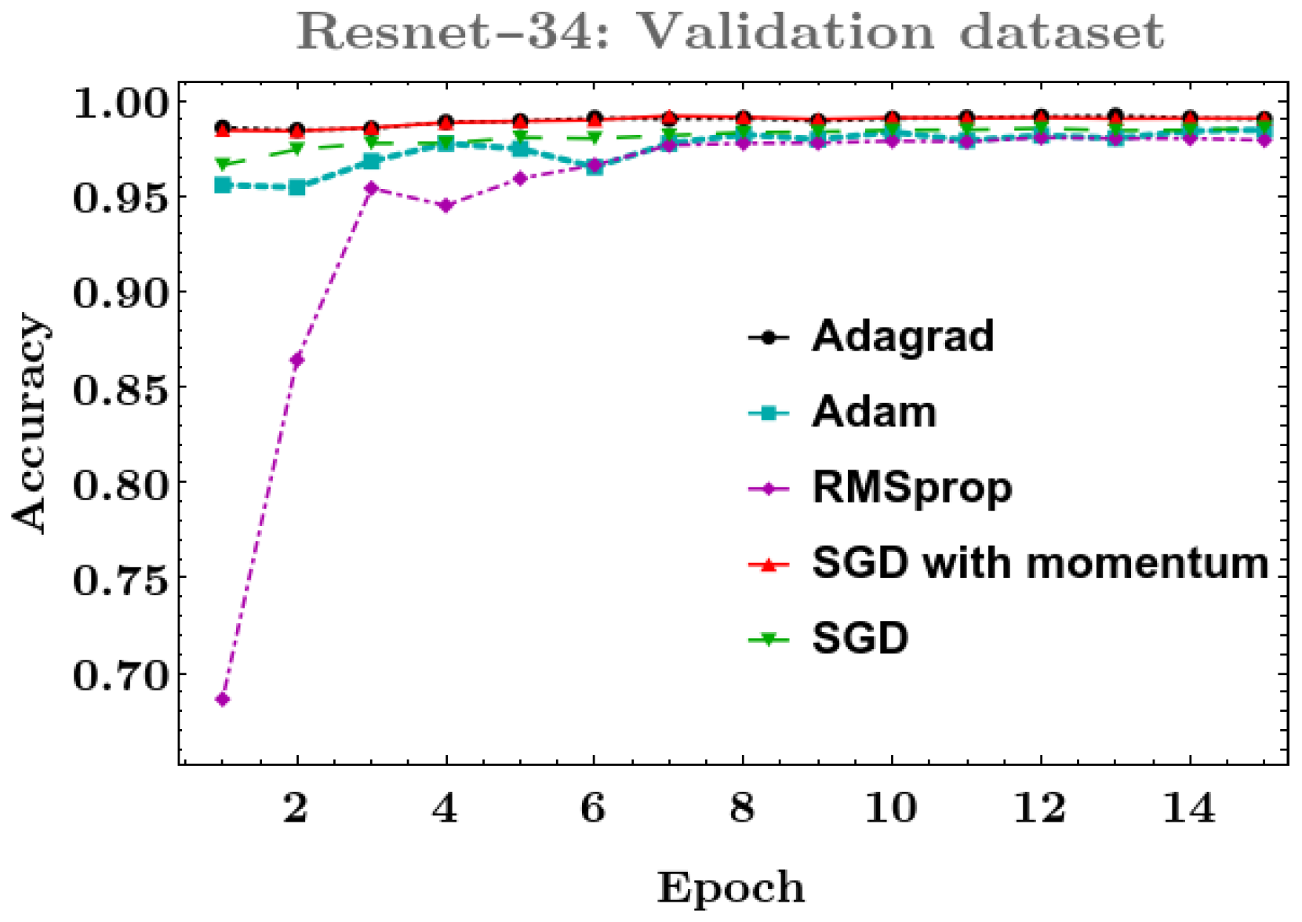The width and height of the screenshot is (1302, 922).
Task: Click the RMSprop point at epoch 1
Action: (223, 699)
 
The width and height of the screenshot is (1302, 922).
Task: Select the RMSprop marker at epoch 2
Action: (297, 360)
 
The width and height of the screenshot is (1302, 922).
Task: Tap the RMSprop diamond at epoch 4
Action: (446, 205)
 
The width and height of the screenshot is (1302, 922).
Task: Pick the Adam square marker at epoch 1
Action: (223, 185)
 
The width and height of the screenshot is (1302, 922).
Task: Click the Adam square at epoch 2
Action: (297, 187)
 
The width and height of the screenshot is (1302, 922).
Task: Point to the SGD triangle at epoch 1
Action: (223, 164)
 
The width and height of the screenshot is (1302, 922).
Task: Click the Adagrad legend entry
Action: (902, 336)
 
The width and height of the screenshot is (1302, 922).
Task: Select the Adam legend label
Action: (874, 412)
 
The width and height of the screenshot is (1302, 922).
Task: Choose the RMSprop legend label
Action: (911, 488)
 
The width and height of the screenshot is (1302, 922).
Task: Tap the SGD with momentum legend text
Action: (1039, 563)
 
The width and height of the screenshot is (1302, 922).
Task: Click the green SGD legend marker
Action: (769, 639)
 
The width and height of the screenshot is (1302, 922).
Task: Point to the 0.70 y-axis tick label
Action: (121, 674)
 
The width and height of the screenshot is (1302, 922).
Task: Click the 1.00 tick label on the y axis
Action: (121, 102)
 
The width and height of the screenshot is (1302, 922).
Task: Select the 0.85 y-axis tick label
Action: (121, 388)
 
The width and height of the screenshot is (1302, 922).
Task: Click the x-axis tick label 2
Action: (296, 807)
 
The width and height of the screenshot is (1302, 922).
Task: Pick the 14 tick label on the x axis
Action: (1189, 807)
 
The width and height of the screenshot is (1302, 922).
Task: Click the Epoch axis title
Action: (731, 888)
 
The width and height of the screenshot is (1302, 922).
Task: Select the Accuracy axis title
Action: (31, 423)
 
